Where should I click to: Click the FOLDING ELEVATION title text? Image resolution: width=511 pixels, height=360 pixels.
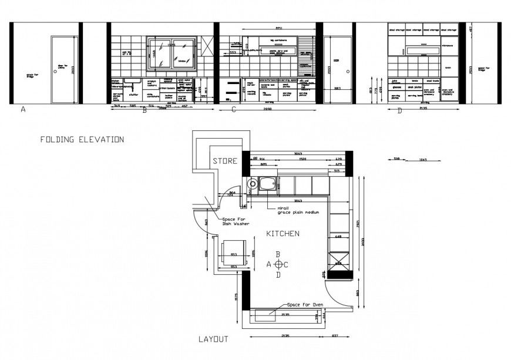pos(82,140)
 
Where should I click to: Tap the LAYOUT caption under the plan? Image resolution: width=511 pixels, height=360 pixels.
pos(213,339)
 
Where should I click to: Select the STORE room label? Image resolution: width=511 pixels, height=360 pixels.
pos(224,161)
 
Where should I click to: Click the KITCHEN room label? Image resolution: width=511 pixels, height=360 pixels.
pos(283,233)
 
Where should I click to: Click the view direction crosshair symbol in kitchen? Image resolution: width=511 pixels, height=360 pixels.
pos(278,264)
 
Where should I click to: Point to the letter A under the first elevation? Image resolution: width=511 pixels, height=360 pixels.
pos(23,109)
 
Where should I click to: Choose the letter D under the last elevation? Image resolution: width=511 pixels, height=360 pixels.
pos(399,111)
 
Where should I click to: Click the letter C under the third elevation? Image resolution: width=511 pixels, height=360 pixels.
pos(234,109)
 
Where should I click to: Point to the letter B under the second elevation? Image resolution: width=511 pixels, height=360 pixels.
pos(144,110)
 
